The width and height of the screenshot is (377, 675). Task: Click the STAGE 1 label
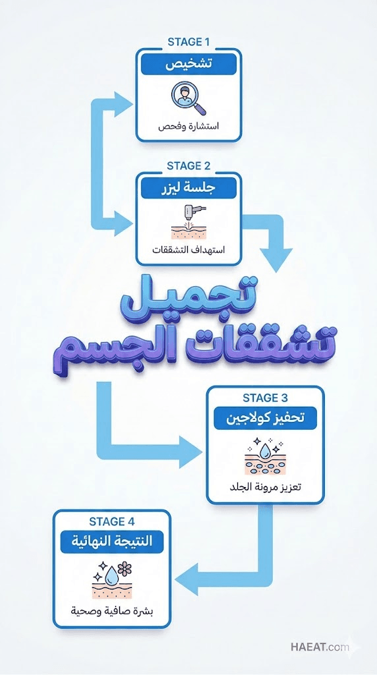coord(188,42)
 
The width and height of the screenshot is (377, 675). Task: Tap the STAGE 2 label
coord(188,165)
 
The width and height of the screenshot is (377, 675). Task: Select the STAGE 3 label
coord(265,397)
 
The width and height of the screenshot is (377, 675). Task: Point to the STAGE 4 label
coord(112,521)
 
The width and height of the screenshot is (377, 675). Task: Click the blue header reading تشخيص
coord(188,64)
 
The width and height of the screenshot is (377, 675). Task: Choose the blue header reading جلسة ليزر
coord(188,188)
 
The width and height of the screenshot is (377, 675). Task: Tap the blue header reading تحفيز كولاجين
coord(265,419)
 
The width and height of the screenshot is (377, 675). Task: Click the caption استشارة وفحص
coord(188,127)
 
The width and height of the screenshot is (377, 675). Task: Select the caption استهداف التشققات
coord(188,250)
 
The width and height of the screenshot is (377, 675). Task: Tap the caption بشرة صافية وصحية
coord(112,611)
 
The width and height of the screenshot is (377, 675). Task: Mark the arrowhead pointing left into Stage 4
coord(186,579)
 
